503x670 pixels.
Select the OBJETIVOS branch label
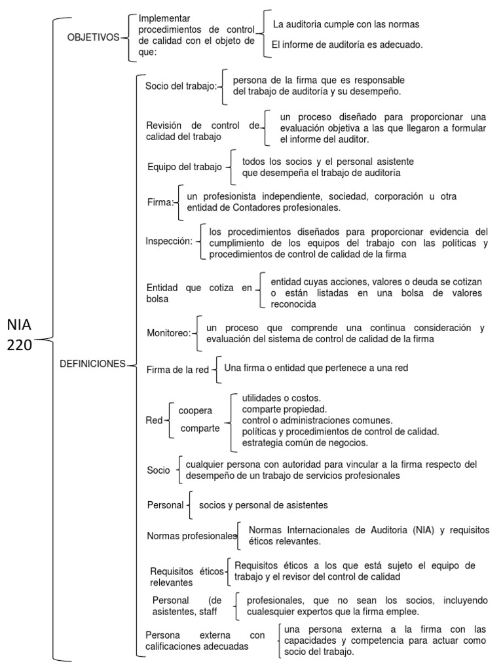(x=93, y=37)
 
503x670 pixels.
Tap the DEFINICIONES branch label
(x=92, y=364)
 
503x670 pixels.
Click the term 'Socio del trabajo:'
(x=181, y=86)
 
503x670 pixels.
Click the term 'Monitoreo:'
(x=169, y=333)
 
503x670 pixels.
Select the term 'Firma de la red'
(x=177, y=370)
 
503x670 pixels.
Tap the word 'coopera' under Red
(x=195, y=410)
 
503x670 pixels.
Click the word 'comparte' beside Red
(x=200, y=429)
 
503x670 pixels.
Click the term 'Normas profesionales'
(x=191, y=537)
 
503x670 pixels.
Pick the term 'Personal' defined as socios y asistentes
(x=165, y=505)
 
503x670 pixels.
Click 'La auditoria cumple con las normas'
(x=346, y=24)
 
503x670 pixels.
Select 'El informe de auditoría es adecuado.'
(x=347, y=44)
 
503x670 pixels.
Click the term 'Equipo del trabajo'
(x=184, y=167)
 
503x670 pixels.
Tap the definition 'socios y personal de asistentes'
(x=263, y=505)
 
